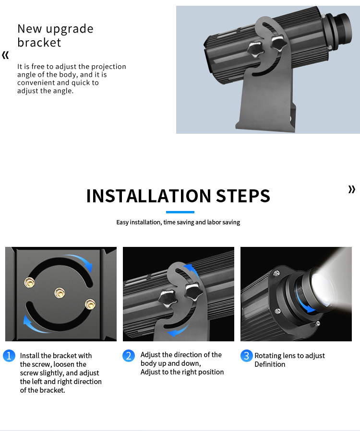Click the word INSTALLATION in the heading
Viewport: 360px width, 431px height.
149,196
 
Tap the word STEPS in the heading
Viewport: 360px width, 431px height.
243,196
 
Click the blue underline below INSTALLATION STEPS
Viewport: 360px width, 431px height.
180,212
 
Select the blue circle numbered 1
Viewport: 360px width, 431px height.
9,356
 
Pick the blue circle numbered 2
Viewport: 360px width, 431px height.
129,356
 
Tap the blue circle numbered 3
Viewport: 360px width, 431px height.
247,356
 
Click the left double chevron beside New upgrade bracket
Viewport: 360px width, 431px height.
5,55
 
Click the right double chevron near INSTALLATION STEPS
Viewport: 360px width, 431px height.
352,189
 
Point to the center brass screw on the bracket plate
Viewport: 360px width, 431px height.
60,293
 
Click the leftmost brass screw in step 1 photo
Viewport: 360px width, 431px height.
29,282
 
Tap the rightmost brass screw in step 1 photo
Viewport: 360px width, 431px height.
90,304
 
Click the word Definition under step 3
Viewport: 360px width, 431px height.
270,364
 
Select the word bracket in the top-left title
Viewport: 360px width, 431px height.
39,43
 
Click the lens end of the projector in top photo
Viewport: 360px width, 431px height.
341,29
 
